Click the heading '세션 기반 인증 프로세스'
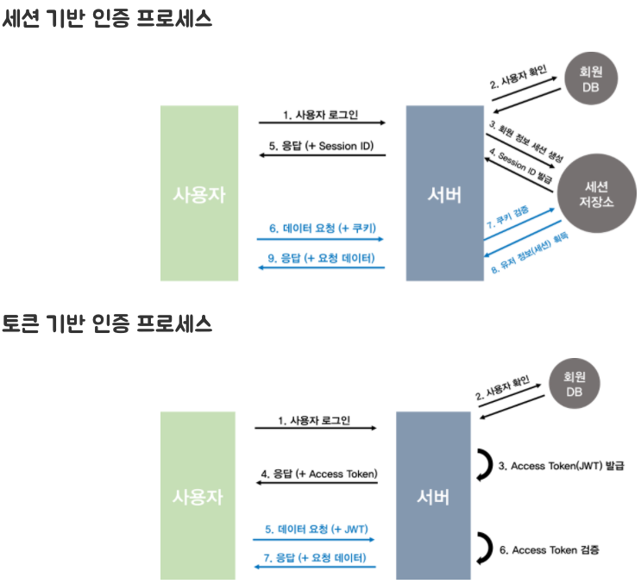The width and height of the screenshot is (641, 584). [107, 20]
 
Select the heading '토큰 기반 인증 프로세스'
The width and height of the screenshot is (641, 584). [107, 324]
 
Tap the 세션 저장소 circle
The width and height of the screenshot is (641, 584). [596, 193]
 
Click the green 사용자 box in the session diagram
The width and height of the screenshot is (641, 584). [199, 193]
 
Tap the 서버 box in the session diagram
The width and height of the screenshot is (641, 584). [444, 193]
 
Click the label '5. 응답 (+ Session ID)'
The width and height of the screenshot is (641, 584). [322, 146]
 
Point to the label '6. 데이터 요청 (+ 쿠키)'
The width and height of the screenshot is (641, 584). [322, 229]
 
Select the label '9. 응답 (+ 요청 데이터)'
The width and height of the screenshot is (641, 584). [322, 258]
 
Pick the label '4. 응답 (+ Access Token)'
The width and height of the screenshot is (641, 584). [318, 474]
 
